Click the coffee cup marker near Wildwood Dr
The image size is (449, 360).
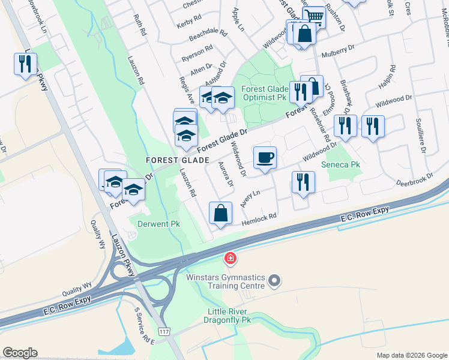265,158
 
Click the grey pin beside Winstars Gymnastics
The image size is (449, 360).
274,280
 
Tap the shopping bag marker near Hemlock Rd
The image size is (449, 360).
221,214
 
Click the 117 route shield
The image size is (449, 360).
164,331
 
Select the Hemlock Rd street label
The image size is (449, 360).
259,220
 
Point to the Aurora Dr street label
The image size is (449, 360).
226,175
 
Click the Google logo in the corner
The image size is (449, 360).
20,353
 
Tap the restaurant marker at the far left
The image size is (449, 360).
25,64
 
